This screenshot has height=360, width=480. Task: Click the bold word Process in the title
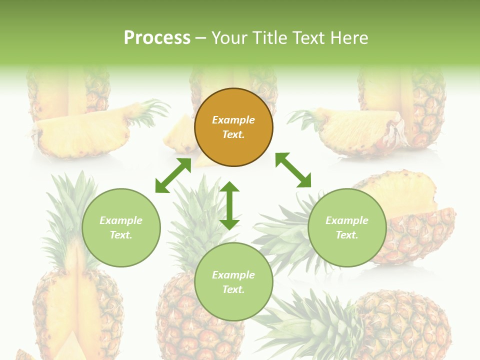click(157, 38)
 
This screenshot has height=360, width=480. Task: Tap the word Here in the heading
click(349, 38)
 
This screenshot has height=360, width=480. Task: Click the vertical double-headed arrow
click(229, 205)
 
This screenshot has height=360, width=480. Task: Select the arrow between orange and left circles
click(173, 175)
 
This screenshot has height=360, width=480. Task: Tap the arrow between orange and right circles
click(293, 170)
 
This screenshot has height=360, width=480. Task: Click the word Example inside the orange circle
click(233, 120)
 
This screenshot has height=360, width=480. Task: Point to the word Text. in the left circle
click(121, 235)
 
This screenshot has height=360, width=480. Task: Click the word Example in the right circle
click(347, 220)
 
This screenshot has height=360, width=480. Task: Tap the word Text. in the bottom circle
click(233, 289)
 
